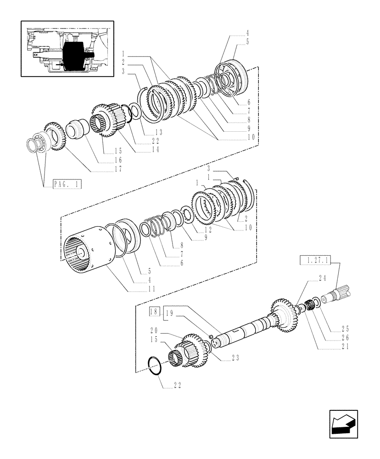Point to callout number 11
point(151,289)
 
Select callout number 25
point(345,329)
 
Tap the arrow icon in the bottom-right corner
point(344,425)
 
